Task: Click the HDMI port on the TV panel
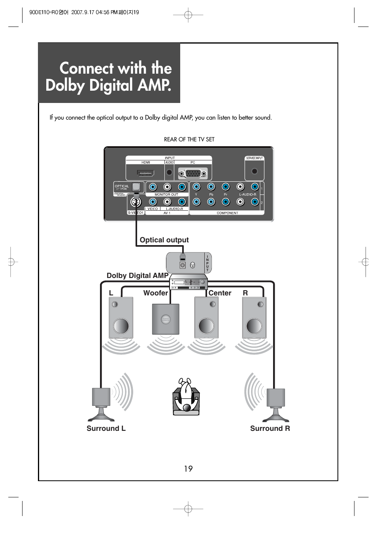[145, 173]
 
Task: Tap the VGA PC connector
[192, 173]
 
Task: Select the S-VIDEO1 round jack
[136, 202]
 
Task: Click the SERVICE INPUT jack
[254, 171]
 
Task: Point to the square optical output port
[137, 186]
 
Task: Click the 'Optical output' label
[164, 240]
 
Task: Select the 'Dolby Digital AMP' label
[138, 276]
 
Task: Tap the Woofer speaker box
[166, 319]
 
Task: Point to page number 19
[188, 469]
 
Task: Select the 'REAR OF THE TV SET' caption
[189, 139]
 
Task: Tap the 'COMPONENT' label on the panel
[227, 213]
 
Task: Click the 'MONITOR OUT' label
[166, 194]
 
